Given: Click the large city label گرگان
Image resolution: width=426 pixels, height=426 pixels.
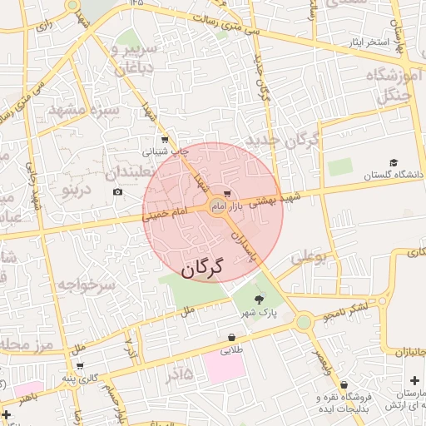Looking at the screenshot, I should point(203,268).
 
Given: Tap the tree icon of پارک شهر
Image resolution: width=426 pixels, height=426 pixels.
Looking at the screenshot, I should point(259,300).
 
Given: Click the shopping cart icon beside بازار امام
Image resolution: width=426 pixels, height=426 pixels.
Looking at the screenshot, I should point(227,194).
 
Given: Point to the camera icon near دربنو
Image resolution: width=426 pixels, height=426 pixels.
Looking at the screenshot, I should point(117,192).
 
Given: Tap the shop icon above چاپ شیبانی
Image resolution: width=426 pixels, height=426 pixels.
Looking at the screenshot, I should point(165,140).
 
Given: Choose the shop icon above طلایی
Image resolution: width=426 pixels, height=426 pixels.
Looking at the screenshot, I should point(230,337).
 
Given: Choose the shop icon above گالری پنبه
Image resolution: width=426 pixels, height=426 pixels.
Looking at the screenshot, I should point(79,364).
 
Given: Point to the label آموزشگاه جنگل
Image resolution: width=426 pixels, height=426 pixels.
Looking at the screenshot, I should point(392,87).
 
